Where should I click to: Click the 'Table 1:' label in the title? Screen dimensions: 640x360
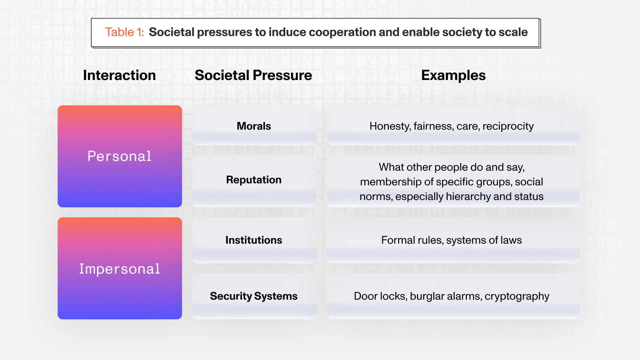(125, 32)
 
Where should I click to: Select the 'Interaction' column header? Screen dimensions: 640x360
(119, 75)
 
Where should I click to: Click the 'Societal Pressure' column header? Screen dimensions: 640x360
(253, 75)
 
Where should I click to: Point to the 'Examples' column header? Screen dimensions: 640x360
(453, 76)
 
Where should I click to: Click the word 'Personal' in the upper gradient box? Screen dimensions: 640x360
(120, 156)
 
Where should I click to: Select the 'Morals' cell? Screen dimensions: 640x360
(254, 126)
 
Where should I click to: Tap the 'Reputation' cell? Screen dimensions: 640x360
(254, 180)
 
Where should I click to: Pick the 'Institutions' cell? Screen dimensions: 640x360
(254, 240)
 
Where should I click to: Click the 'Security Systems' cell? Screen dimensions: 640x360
(254, 296)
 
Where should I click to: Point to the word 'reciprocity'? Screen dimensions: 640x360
(508, 126)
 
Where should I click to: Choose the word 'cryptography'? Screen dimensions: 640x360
(517, 296)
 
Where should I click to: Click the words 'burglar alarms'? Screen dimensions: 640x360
(446, 296)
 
